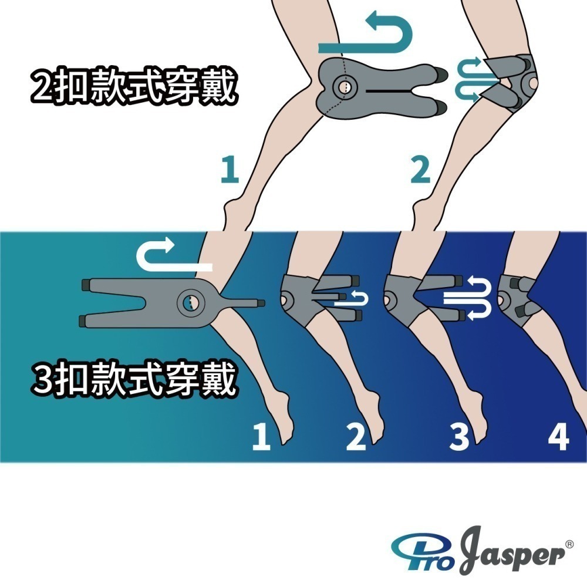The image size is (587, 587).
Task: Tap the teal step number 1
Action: pyautogui.click(x=230, y=169)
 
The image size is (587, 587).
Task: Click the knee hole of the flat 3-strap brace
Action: pyautogui.click(x=191, y=302)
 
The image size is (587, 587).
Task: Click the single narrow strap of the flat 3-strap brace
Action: pyautogui.click(x=241, y=302)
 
